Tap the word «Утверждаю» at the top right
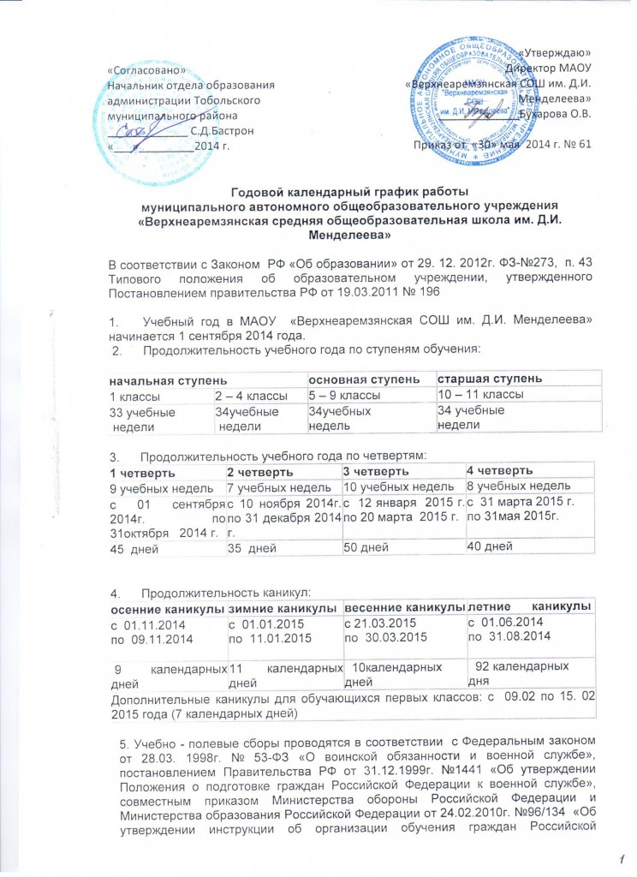click(x=556, y=54)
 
